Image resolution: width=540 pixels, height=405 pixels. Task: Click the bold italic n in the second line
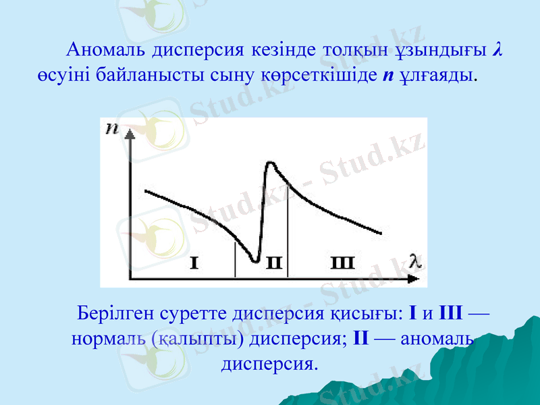click(385, 74)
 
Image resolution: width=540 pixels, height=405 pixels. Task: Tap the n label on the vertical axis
click(112, 129)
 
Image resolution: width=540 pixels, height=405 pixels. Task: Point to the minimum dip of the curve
click(254, 260)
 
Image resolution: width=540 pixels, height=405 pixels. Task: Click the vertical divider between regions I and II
click(235, 260)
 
